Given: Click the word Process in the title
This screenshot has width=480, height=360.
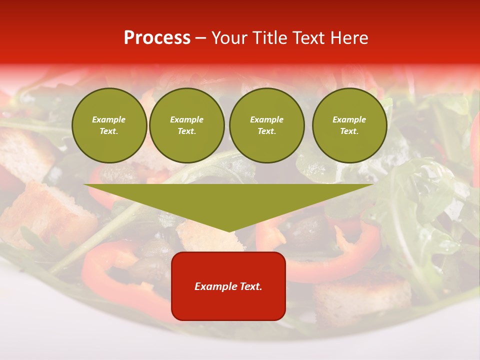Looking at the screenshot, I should tap(157, 38).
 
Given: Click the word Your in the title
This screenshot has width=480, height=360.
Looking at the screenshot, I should tap(229, 38).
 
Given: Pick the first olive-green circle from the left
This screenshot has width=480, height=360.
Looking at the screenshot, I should tap(109, 125).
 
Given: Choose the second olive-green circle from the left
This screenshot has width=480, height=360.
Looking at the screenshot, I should tap(187, 125).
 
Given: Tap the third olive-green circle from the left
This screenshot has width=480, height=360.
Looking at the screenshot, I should tap(267, 125).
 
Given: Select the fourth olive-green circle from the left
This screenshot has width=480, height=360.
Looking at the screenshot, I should tap(349, 125).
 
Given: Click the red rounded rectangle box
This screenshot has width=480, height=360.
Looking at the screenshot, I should tap(228, 286).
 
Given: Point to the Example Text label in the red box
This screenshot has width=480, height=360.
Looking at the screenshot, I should tap(228, 286).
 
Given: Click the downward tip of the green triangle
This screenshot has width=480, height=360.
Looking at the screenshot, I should tap(229, 231).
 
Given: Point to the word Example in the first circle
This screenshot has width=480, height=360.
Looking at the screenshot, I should tap(109, 119).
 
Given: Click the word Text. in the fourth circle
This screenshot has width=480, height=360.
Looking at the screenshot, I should tap(349, 131).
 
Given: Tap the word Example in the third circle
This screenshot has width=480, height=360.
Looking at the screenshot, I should tap(267, 119).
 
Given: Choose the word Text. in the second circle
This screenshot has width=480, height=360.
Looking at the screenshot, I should tap(187, 131).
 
